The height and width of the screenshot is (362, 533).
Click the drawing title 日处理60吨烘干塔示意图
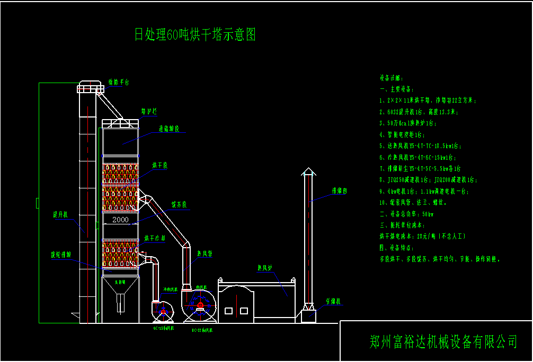tap(195, 35)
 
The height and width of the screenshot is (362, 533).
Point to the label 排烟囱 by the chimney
tap(339, 190)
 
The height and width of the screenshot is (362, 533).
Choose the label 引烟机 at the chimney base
tap(333, 301)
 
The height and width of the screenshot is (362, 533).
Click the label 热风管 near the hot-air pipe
tap(205, 254)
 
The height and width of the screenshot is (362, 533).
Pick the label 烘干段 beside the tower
tap(159, 166)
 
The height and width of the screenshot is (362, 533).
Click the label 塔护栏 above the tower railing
tap(149, 111)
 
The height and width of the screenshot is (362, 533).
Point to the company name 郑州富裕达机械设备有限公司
tap(443, 342)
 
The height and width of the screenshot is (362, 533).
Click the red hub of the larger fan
tap(200, 305)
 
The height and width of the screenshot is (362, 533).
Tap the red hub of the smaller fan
tap(163, 312)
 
